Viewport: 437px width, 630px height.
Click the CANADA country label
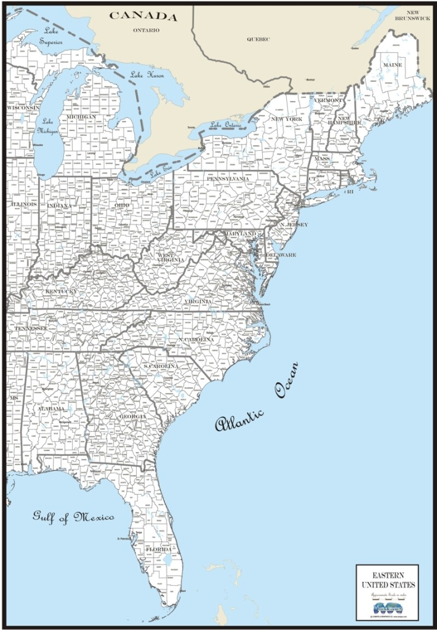click(143, 17)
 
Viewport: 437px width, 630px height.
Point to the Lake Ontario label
click(226, 125)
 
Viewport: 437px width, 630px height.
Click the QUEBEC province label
click(259, 39)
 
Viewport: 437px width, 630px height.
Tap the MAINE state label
click(392, 65)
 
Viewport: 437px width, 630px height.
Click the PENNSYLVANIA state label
click(228, 179)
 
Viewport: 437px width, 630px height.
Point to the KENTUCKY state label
click(61, 290)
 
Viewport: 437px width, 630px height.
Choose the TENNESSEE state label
click(31, 329)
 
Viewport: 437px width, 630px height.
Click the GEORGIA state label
click(132, 417)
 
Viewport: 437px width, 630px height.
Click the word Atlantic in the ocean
click(240, 420)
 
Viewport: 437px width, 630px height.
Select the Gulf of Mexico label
click(73, 516)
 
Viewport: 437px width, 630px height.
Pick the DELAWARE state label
click(281, 255)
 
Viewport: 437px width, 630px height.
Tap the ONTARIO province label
click(146, 29)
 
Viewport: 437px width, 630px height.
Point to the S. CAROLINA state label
click(161, 367)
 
